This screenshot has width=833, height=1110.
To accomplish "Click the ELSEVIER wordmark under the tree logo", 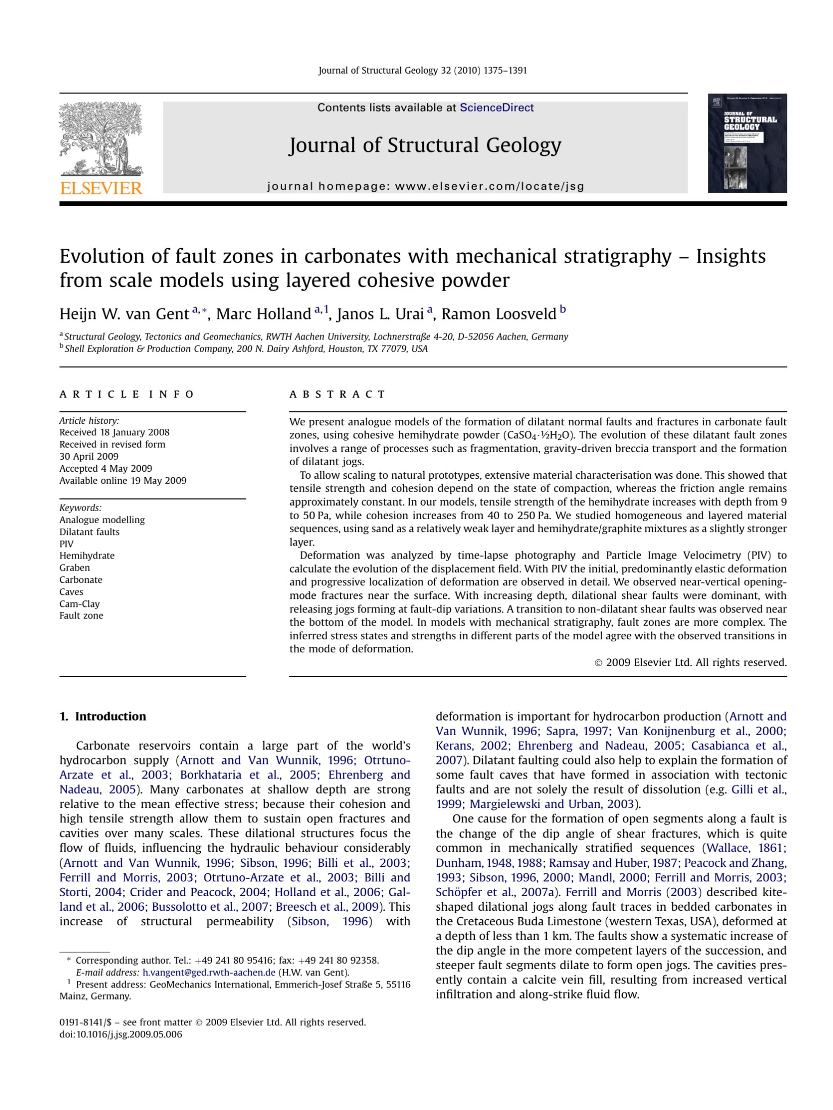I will click(101, 189).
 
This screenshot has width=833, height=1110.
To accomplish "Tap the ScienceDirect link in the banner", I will click(496, 107).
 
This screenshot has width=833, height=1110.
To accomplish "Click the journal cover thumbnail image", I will click(747, 143).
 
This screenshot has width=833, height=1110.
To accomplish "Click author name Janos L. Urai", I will click(380, 314).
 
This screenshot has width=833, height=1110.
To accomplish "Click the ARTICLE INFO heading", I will click(127, 394).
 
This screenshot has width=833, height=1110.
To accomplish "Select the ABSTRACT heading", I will click(337, 394).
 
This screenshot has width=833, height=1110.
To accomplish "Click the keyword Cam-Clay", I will click(79, 604).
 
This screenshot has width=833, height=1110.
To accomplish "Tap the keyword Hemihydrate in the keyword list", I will click(87, 556).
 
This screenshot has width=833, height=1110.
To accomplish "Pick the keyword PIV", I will click(66, 544).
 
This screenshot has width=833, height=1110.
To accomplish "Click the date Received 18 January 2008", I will click(114, 432).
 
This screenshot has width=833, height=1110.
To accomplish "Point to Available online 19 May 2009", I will click(123, 480).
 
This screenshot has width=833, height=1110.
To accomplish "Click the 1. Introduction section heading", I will click(102, 716).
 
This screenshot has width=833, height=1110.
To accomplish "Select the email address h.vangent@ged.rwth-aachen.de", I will click(209, 972).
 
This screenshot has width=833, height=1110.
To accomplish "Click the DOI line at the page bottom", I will click(121, 1034).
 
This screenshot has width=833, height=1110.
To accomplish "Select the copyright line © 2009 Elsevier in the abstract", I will click(690, 662).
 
